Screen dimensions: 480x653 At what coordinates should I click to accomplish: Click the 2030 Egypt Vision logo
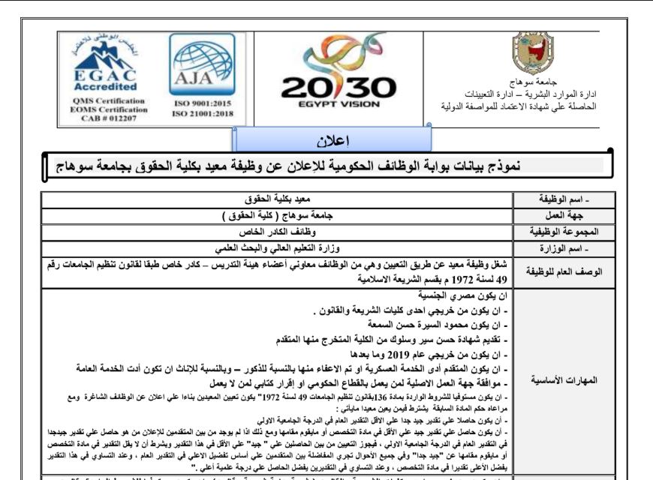(x=339, y=70)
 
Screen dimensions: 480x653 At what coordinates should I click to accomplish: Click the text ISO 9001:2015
(x=201, y=103)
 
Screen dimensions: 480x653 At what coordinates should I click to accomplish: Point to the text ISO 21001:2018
(x=202, y=113)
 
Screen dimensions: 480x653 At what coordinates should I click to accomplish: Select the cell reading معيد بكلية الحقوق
(x=277, y=200)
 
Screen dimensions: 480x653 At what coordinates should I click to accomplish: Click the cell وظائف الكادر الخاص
(x=278, y=232)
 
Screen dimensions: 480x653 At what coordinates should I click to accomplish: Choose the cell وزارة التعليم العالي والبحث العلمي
(x=278, y=249)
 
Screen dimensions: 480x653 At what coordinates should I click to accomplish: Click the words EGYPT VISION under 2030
(x=339, y=105)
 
